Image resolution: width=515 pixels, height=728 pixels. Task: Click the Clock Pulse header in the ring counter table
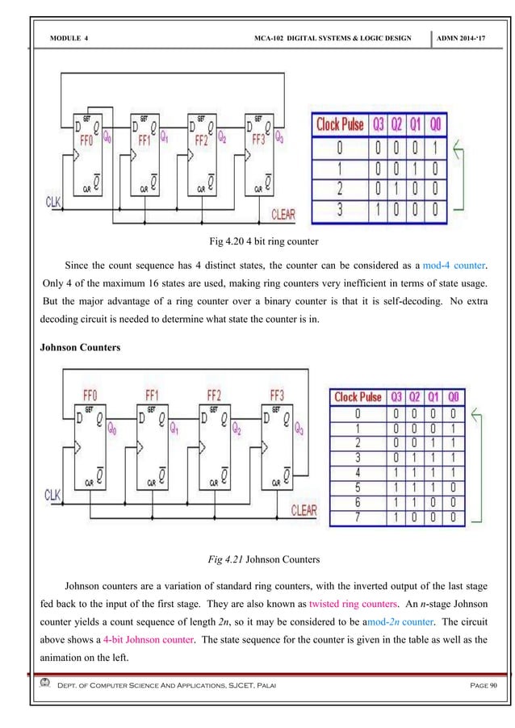339,125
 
